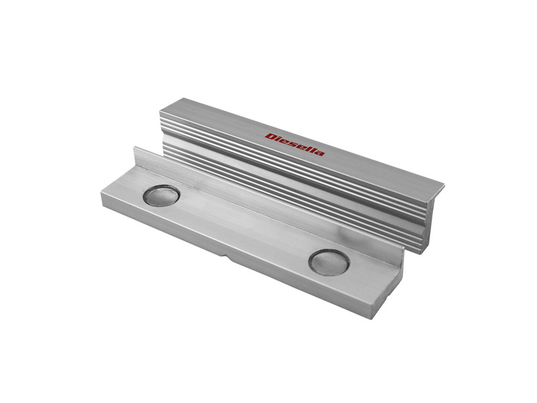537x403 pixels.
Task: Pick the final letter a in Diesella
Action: (320, 153)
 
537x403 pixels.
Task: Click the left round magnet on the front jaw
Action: (162, 195)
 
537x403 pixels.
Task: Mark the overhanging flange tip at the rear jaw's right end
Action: (442, 187)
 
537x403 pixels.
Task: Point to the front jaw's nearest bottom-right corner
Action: (371, 316)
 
